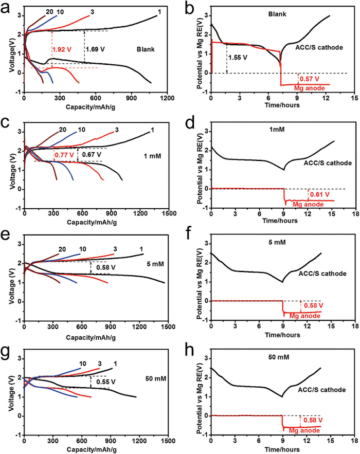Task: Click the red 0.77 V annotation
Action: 64,154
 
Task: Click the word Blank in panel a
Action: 146,50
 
